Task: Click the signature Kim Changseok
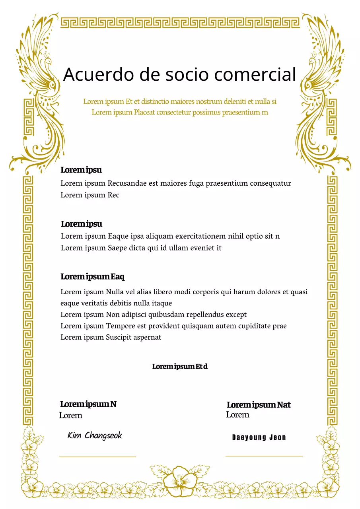pyautogui.click(x=95, y=435)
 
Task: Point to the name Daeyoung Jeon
pyautogui.click(x=259, y=437)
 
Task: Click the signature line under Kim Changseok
pyautogui.click(x=97, y=457)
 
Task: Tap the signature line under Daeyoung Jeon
pyautogui.click(x=264, y=456)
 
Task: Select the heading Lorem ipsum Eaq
pyautogui.click(x=92, y=276)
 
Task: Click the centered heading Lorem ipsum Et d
pyautogui.click(x=180, y=366)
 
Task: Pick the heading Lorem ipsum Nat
pyautogui.click(x=259, y=405)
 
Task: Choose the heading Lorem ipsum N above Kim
pyautogui.click(x=88, y=404)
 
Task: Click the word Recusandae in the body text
pyautogui.click(x=127, y=183)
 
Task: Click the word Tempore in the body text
pyautogui.click(x=119, y=326)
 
